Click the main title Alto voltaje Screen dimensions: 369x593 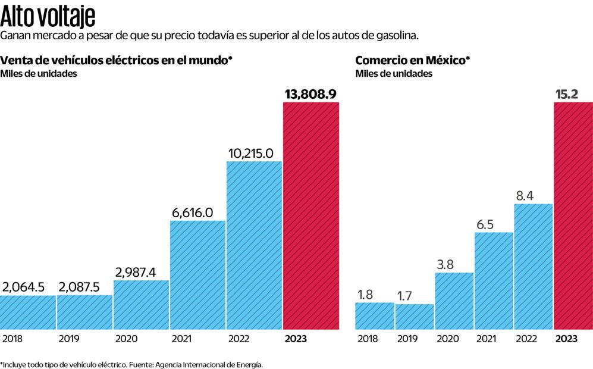click(x=48, y=15)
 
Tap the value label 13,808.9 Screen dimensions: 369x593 click(x=311, y=94)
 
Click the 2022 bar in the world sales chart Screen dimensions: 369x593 click(x=254, y=245)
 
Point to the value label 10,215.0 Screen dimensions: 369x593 click(x=254, y=153)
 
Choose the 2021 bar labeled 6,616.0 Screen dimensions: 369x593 click(x=198, y=274)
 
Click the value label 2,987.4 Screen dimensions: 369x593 click(x=142, y=272)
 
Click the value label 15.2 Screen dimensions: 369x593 click(x=573, y=94)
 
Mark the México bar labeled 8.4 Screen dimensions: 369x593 click(x=533, y=266)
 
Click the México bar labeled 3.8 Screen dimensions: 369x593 click(x=454, y=301)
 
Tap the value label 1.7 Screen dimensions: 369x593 click(x=414, y=295)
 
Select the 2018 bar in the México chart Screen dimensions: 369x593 click(x=374, y=315)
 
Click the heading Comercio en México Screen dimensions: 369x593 click(x=412, y=60)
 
